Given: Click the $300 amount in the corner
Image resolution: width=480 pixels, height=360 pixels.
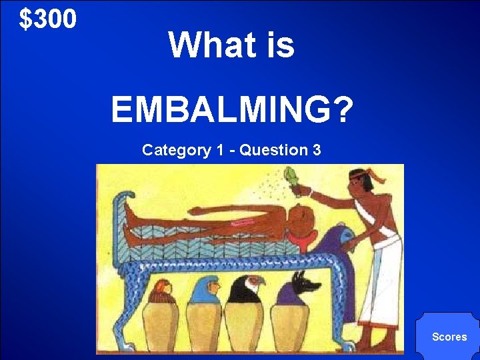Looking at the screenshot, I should (x=48, y=20).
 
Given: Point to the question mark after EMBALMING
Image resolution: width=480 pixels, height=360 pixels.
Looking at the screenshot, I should (x=341, y=109).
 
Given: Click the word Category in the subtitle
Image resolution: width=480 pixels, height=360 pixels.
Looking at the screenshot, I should (x=176, y=150).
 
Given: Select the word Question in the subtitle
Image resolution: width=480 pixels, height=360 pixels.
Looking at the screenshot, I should (x=273, y=150).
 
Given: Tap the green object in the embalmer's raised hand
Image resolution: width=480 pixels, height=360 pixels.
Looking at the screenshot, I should (x=291, y=179).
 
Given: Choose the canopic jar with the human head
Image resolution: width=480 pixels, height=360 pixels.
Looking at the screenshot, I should (x=204, y=313).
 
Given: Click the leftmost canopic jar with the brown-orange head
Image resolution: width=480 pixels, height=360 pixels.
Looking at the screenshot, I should (x=162, y=317).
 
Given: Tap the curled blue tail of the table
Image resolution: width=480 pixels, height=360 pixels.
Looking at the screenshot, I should (x=120, y=200).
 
